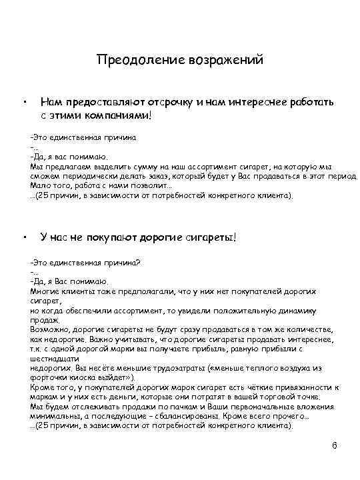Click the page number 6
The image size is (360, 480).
click(335, 445)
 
